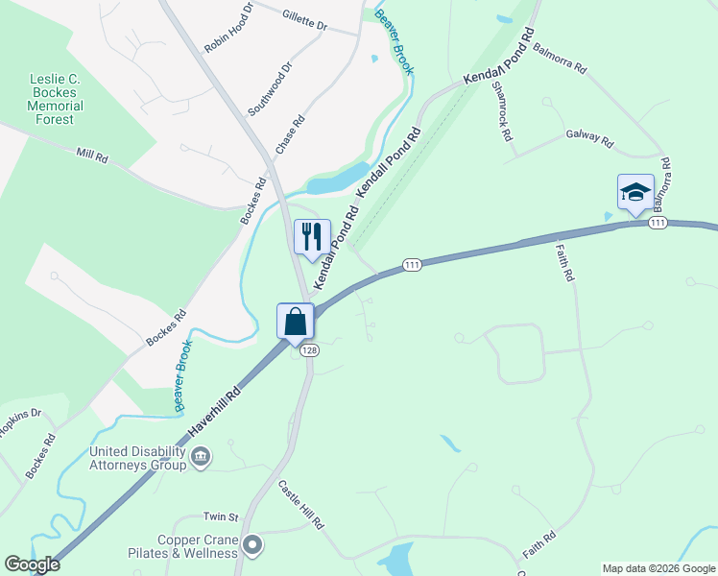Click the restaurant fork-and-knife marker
tap(312, 236)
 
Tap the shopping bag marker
tap(296, 321)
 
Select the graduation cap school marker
tap(634, 192)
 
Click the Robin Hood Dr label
tap(228, 28)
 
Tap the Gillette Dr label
tap(305, 21)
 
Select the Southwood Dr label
tap(269, 89)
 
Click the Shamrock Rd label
tap(502, 110)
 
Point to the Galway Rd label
tap(589, 137)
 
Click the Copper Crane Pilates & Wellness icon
tap(252, 546)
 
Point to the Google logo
tap(33, 564)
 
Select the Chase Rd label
tap(290, 135)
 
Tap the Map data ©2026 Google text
tap(658, 568)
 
